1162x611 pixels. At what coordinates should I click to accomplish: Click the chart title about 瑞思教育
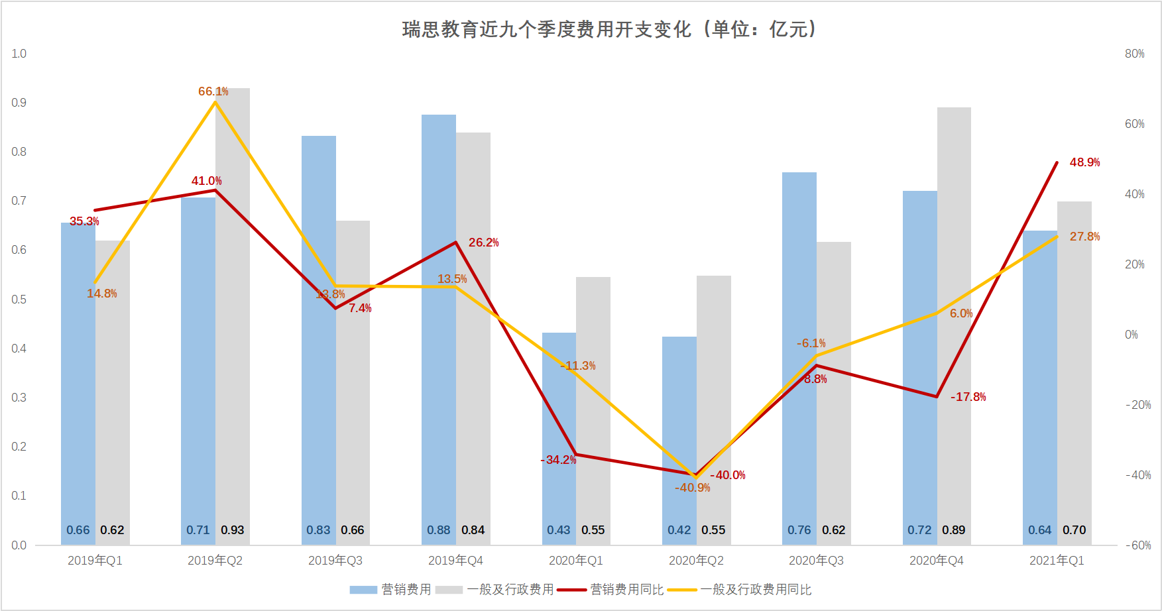pyautogui.click(x=610, y=30)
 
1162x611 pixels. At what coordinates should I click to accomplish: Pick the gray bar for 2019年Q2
pyautogui.click(x=233, y=318)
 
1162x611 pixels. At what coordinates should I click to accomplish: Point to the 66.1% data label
pyautogui.click(x=213, y=91)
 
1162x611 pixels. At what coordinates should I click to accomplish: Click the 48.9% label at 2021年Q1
pyautogui.click(x=1084, y=162)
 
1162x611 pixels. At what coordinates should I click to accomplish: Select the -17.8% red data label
pyautogui.click(x=968, y=397)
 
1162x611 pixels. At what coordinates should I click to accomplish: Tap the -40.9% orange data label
pyautogui.click(x=692, y=488)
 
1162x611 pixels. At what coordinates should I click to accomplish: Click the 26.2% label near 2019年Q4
pyautogui.click(x=483, y=243)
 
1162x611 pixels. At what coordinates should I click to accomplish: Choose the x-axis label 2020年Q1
pyautogui.click(x=575, y=561)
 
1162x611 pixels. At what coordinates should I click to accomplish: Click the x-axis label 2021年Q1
pyautogui.click(x=1057, y=561)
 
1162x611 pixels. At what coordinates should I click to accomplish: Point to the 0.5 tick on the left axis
pyautogui.click(x=19, y=300)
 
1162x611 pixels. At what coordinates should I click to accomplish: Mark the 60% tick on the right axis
pyautogui.click(x=1134, y=124)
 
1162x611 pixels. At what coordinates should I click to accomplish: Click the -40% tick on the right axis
pyautogui.click(x=1137, y=475)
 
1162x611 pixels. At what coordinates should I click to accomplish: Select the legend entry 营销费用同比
pyautogui.click(x=626, y=589)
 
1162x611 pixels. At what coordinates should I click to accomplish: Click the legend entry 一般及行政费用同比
pyautogui.click(x=756, y=589)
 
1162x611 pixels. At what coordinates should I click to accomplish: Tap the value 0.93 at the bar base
pyautogui.click(x=233, y=530)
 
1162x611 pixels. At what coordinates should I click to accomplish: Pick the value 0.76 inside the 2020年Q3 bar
pyautogui.click(x=799, y=530)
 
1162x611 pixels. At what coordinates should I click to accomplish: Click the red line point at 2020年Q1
pyautogui.click(x=576, y=455)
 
